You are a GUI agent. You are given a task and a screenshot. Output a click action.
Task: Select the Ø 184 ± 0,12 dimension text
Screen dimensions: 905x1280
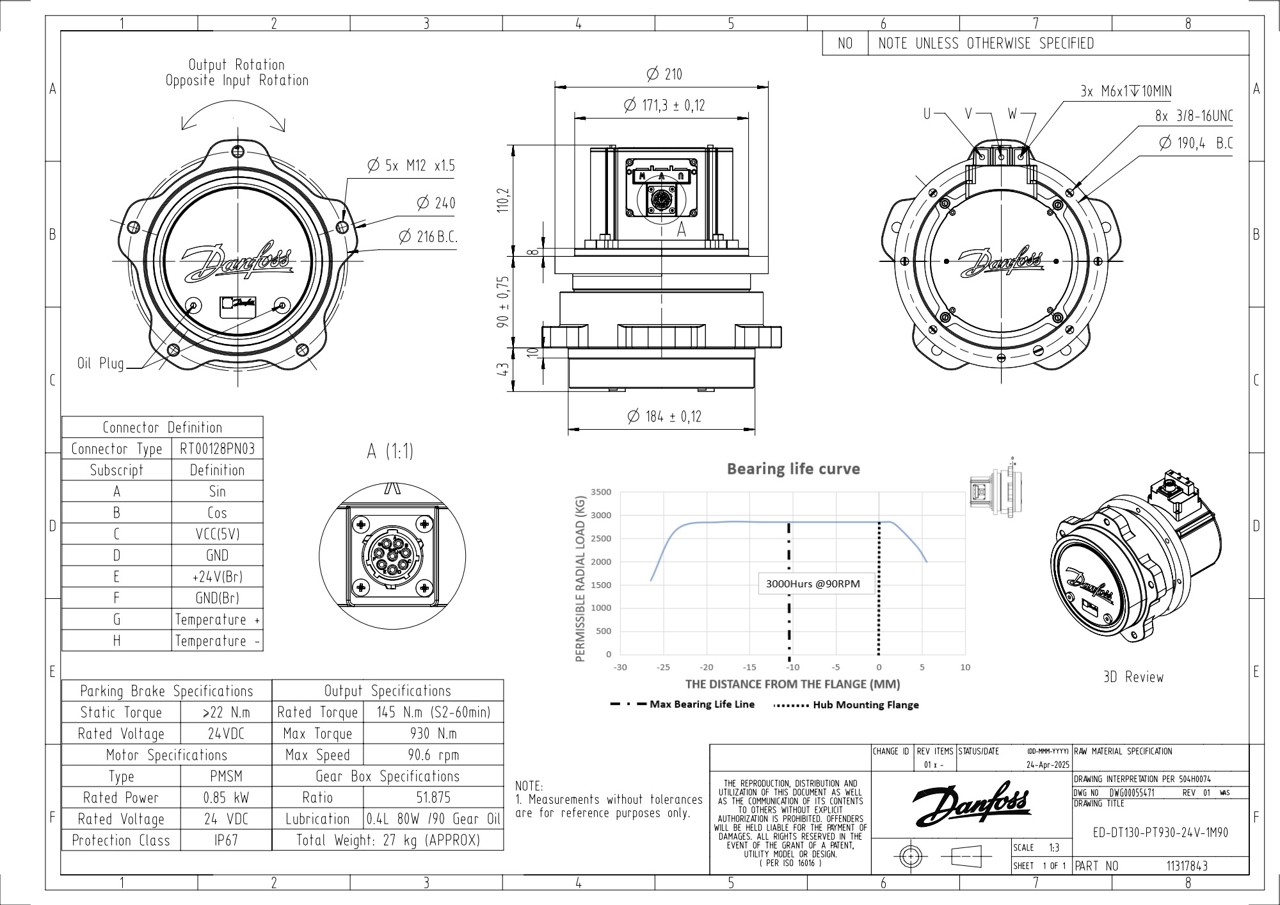[665, 417]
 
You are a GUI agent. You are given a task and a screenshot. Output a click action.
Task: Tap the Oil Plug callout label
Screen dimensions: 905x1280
[100, 364]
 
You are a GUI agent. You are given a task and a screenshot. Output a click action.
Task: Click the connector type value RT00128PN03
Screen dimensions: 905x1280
[217, 448]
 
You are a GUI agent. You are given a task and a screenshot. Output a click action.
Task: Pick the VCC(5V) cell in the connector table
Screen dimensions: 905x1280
[217, 534]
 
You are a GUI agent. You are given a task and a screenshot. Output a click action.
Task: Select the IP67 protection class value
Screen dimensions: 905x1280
[226, 840]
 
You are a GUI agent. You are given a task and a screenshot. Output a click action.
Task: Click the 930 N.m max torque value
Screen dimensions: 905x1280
[433, 733]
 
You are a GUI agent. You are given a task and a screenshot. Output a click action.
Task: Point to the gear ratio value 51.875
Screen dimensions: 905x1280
[433, 797]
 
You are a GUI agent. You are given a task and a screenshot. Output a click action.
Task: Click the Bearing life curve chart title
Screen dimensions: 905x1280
[793, 469]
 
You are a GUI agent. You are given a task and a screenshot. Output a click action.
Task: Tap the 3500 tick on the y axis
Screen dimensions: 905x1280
[601, 492]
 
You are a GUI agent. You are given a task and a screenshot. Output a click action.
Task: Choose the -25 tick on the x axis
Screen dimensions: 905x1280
[663, 667]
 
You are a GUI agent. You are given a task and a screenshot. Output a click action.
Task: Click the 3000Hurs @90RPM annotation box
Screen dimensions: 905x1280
[813, 583]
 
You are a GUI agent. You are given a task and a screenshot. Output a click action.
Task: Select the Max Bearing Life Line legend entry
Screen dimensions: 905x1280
[701, 704]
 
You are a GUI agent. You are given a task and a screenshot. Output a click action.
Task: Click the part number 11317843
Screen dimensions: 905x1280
[1187, 866]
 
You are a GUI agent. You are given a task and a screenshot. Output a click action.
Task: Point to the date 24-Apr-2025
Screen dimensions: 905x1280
[1048, 765]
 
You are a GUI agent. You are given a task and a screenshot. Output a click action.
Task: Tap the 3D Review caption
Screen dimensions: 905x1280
[1133, 677]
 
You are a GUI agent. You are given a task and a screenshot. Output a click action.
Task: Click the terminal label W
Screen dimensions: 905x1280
[1012, 114]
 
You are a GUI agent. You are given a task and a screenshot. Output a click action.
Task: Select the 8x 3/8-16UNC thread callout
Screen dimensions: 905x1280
[1194, 116]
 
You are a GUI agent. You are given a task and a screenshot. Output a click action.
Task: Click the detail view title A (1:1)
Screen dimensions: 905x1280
[390, 452]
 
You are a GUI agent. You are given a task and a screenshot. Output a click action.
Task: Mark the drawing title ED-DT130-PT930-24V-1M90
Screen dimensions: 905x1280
[1160, 833]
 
